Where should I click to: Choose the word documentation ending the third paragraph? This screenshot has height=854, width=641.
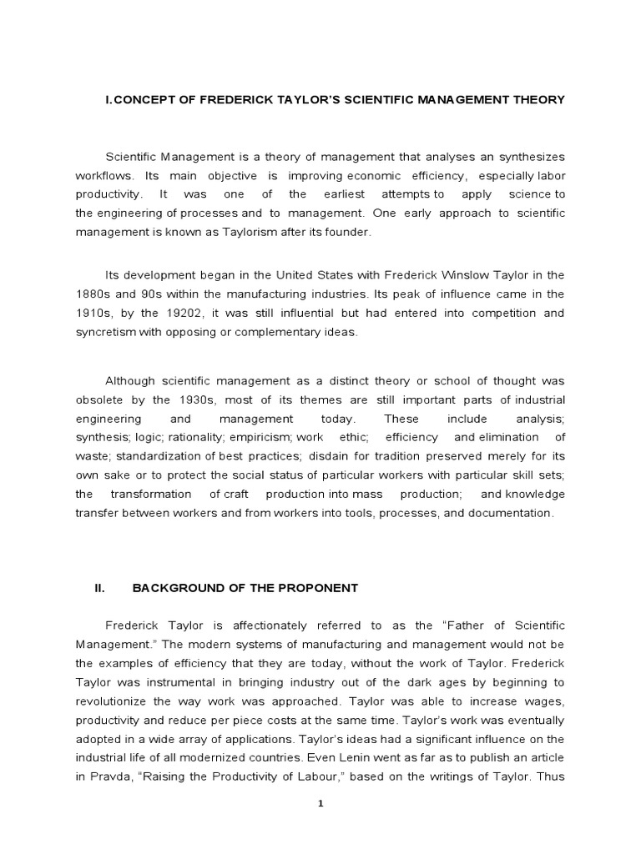pyautogui.click(x=510, y=514)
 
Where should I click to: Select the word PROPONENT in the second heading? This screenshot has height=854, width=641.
pyautogui.click(x=320, y=588)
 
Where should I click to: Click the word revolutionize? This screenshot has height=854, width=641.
pyautogui.click(x=114, y=682)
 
